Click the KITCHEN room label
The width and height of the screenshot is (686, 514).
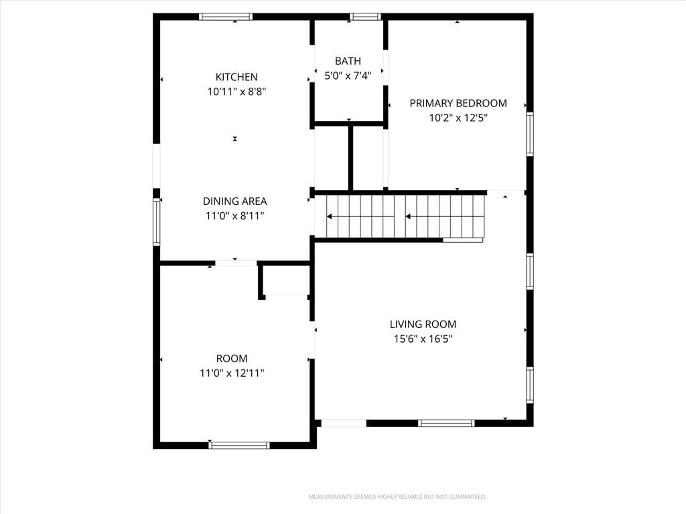coord(236,77)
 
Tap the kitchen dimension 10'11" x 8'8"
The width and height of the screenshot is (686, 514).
coord(236,92)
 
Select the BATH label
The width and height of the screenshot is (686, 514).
coord(348,61)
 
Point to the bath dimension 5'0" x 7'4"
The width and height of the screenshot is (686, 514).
coord(348,76)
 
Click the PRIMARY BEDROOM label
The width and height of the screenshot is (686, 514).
coord(458,103)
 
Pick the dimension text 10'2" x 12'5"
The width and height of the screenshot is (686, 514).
coord(458,118)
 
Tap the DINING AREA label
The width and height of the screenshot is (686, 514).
coord(234,201)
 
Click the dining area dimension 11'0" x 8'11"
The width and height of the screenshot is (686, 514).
coord(234,216)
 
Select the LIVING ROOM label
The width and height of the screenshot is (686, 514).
coord(423,325)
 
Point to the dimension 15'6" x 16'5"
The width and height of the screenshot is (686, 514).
coord(423,339)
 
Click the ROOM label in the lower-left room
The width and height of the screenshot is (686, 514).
coord(231,359)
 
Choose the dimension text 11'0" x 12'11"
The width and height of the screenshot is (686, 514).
coord(231,373)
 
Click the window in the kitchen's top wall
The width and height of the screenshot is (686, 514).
coord(226,17)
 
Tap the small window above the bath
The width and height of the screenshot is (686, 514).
coord(365,17)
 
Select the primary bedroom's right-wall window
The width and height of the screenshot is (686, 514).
coord(530,134)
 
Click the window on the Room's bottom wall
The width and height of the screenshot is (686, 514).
coord(239,445)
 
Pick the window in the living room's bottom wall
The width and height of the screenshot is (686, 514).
coord(446,423)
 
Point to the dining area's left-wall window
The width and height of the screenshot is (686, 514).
coord(157,221)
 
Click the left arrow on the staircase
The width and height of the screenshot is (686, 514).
coord(360,216)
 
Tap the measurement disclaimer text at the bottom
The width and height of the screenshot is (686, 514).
coord(397,497)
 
